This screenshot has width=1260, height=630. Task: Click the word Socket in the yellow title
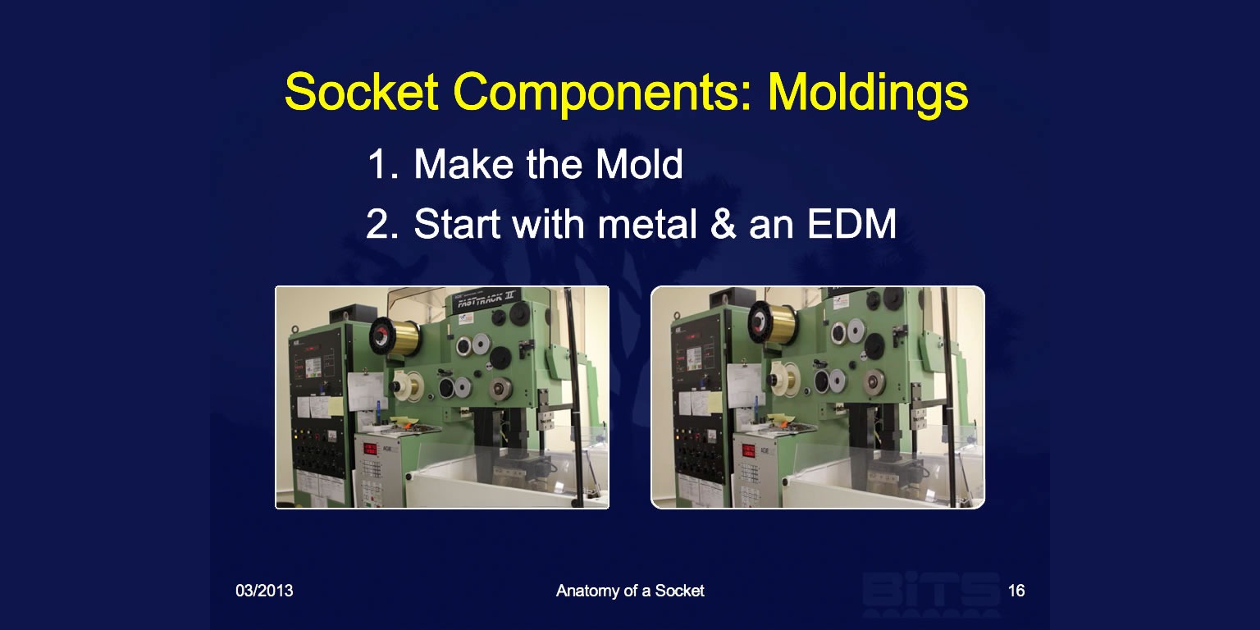[x=361, y=92]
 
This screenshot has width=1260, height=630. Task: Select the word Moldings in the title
[x=868, y=93]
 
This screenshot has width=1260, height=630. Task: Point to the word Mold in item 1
[x=639, y=164]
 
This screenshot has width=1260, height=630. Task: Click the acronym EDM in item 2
[x=851, y=224]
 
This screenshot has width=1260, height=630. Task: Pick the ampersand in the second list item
[x=723, y=224]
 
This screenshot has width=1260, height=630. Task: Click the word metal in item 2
[x=647, y=224]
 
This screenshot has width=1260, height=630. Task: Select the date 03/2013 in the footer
[x=264, y=591]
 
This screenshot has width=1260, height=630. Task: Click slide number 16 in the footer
[x=1016, y=591]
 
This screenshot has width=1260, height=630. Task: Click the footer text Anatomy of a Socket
[x=630, y=591]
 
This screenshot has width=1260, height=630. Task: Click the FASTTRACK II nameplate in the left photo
[x=485, y=299]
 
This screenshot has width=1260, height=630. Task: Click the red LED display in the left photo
[x=370, y=449]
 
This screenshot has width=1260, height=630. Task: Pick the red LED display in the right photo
[x=748, y=450]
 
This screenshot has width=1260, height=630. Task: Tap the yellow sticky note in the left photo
[x=336, y=406]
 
